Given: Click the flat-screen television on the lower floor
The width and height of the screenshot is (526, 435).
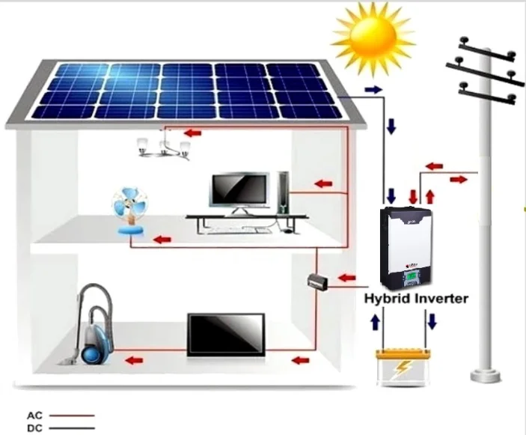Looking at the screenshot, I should point(225,334).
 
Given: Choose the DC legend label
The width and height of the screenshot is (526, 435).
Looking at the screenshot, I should point(34,428).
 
